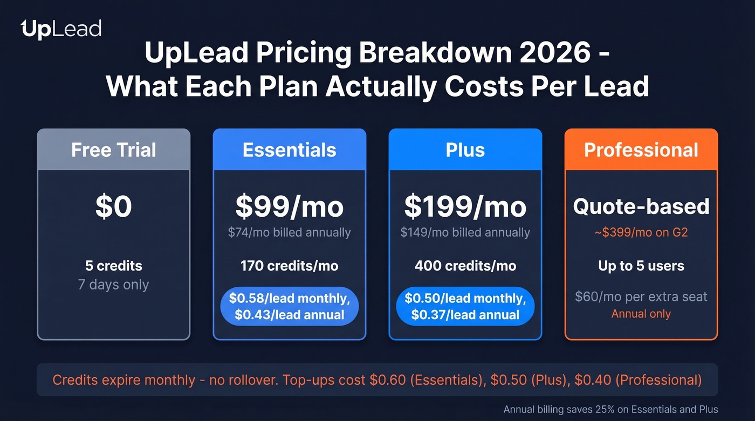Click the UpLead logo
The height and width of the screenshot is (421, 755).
(x=61, y=29)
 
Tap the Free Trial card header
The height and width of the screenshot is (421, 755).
(x=114, y=150)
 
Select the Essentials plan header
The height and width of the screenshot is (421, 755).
(x=290, y=150)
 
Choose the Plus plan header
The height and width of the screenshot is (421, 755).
(x=465, y=150)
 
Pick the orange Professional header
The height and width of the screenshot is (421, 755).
(x=641, y=150)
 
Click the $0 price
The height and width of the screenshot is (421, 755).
(x=114, y=207)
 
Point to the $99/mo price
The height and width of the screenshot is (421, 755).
(x=290, y=207)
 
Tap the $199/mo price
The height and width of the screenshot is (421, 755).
(x=465, y=207)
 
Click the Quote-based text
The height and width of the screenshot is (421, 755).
(x=641, y=206)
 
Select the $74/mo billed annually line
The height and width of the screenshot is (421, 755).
(x=290, y=233)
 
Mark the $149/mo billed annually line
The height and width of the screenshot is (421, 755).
(x=465, y=233)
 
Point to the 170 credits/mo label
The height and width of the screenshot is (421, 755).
(x=290, y=266)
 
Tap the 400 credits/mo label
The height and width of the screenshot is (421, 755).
(x=465, y=266)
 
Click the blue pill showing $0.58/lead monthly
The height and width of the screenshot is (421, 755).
(x=290, y=306)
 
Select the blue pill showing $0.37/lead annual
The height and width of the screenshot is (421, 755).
(x=465, y=306)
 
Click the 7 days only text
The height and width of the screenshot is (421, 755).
(x=114, y=285)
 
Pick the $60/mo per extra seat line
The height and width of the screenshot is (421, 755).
(x=641, y=296)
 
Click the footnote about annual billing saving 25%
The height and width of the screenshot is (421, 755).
(x=610, y=410)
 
